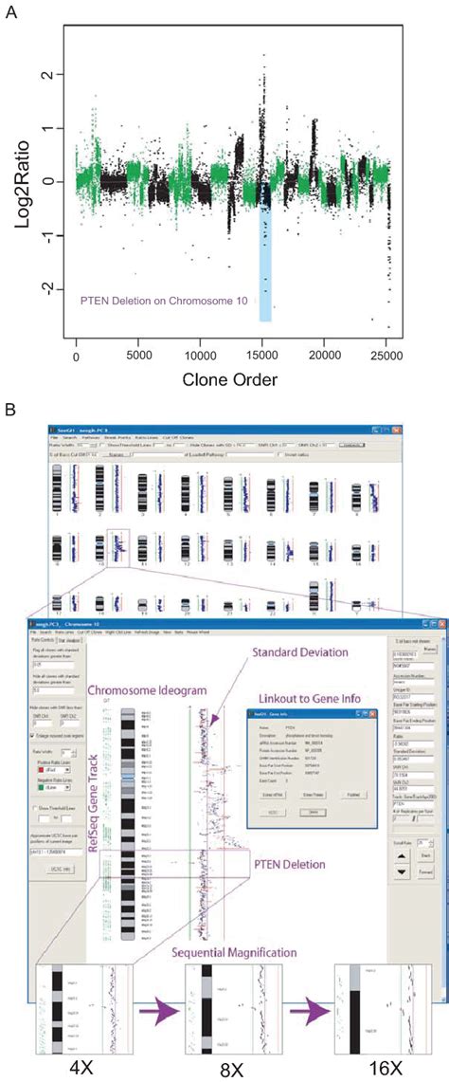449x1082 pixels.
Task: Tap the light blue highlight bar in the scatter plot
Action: click(x=265, y=275)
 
